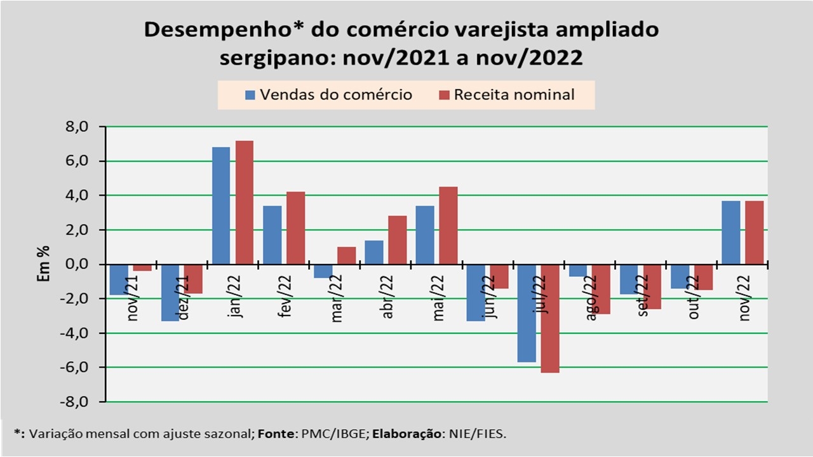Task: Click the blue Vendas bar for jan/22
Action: pos(221,206)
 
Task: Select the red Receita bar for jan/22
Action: pos(245,202)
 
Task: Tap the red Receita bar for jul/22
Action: pos(551,318)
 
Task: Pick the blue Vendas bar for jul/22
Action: pos(527,313)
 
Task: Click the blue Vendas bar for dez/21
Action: pos(170,293)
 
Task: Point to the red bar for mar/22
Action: pos(347,255)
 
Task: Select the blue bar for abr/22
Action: pos(374,252)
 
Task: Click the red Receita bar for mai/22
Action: pos(448,225)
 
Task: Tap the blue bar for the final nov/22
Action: pos(731,232)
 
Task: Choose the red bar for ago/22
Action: pos(601,289)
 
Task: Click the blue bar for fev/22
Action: pos(272,235)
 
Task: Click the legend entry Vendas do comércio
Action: pos(328,95)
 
